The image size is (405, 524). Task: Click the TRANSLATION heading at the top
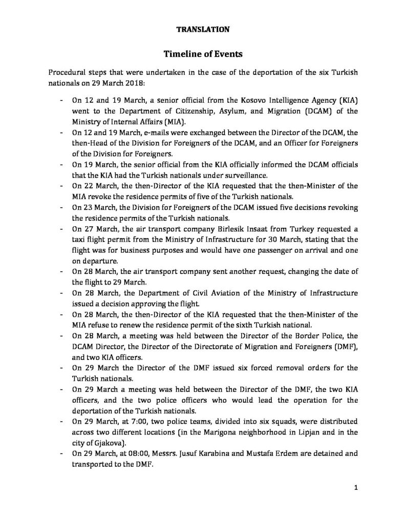coord(203,30)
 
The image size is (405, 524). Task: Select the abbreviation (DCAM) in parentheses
coord(309,112)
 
